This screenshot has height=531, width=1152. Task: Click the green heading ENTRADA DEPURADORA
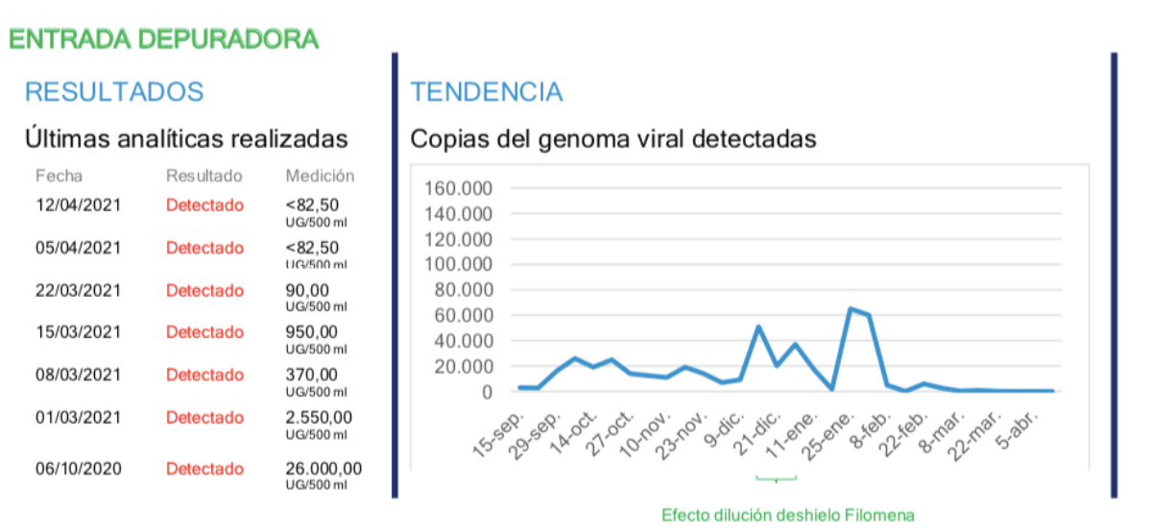(163, 39)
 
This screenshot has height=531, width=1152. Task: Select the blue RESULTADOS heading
(114, 92)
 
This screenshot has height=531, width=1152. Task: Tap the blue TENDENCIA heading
(486, 92)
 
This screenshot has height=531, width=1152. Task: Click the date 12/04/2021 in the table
(79, 205)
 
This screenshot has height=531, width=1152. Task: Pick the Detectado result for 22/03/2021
(204, 290)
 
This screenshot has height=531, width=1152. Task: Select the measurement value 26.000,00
(324, 469)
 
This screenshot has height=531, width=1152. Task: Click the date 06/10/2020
(79, 469)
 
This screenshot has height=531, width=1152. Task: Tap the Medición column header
(320, 176)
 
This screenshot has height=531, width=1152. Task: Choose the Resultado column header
(204, 176)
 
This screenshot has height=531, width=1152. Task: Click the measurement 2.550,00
(319, 418)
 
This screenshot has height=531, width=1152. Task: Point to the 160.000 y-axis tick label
(457, 188)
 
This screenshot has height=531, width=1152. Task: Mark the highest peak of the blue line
(851, 308)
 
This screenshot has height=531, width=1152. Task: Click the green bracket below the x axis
(776, 478)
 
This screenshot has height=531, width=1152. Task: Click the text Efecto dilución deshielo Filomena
(788, 516)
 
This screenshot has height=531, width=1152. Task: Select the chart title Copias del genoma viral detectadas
(613, 139)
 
